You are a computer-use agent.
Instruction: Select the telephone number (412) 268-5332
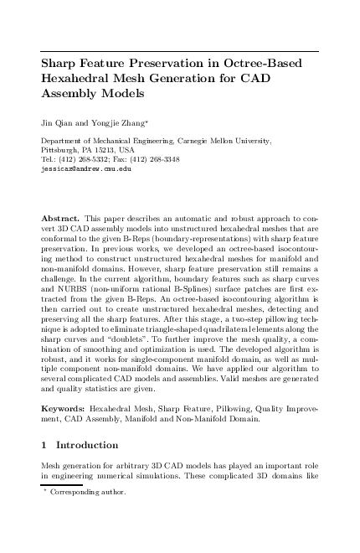(x=85, y=159)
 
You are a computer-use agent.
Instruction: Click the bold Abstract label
(x=62, y=217)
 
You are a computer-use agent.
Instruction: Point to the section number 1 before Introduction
(x=44, y=445)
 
